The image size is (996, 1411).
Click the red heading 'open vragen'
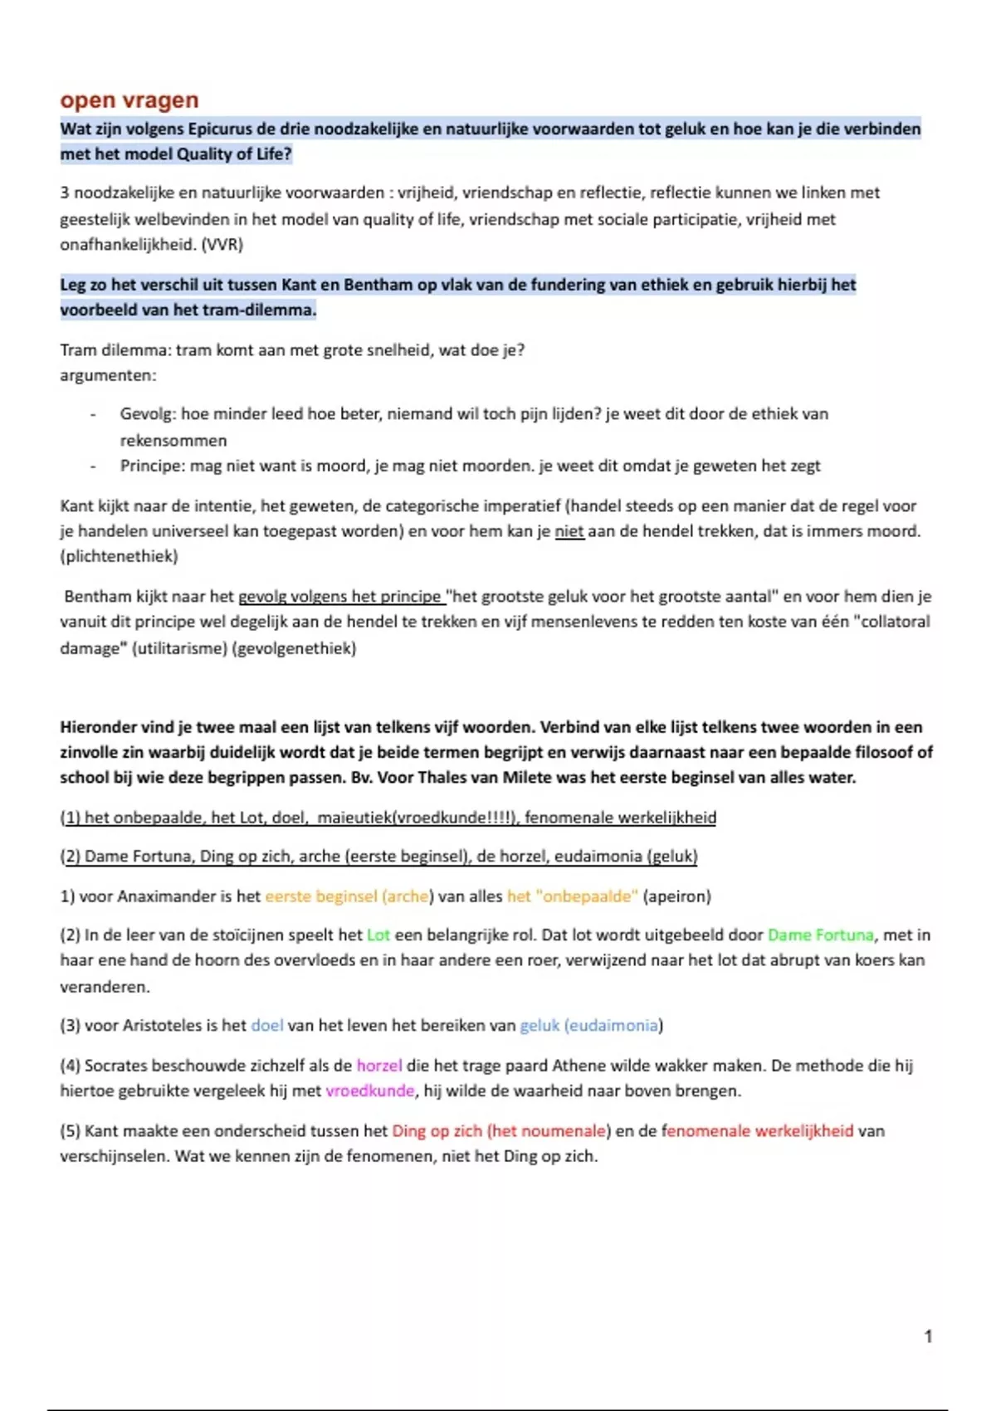point(129,100)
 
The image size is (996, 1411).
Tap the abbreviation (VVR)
point(222,245)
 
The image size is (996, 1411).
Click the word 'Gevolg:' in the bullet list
point(148,413)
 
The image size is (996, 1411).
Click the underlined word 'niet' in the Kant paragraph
point(569,531)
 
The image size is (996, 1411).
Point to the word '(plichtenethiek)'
point(119,556)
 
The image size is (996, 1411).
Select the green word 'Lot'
point(378,935)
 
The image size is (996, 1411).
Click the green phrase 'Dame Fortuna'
point(820,935)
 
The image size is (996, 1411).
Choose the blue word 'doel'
point(267,1025)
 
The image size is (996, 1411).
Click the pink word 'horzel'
point(379,1065)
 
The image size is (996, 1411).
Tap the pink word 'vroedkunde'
point(369,1091)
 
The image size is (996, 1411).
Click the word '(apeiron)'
point(677,896)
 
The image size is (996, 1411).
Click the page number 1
point(928,1336)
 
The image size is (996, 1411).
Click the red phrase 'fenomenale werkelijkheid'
point(759,1130)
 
